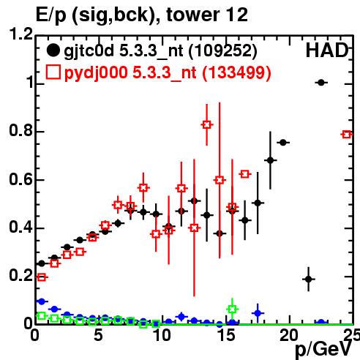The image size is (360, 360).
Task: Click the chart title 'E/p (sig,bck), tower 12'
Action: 142,15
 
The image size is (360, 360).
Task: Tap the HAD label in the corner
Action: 327,50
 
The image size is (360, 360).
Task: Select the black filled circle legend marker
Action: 53,50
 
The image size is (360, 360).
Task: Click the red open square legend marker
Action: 53,72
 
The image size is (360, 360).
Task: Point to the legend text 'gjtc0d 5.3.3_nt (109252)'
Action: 160,51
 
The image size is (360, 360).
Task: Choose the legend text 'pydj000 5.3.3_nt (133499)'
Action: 168,73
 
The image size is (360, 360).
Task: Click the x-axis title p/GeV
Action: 324,350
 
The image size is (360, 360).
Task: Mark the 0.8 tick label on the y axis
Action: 21,130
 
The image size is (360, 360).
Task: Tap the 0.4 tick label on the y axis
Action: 21,227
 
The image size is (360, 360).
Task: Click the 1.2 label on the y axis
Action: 21,34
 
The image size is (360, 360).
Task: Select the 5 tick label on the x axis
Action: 98,335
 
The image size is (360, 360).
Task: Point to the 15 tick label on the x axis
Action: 226,335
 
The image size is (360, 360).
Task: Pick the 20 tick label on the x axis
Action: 290,335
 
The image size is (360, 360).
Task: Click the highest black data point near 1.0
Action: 321,83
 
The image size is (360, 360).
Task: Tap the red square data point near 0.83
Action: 207,124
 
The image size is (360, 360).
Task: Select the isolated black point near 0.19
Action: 309,279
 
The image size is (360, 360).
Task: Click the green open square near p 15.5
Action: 232,310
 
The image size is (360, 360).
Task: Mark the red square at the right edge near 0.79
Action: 347,135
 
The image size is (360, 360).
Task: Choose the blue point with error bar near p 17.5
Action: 258,313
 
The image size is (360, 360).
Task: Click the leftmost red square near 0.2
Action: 42,277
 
